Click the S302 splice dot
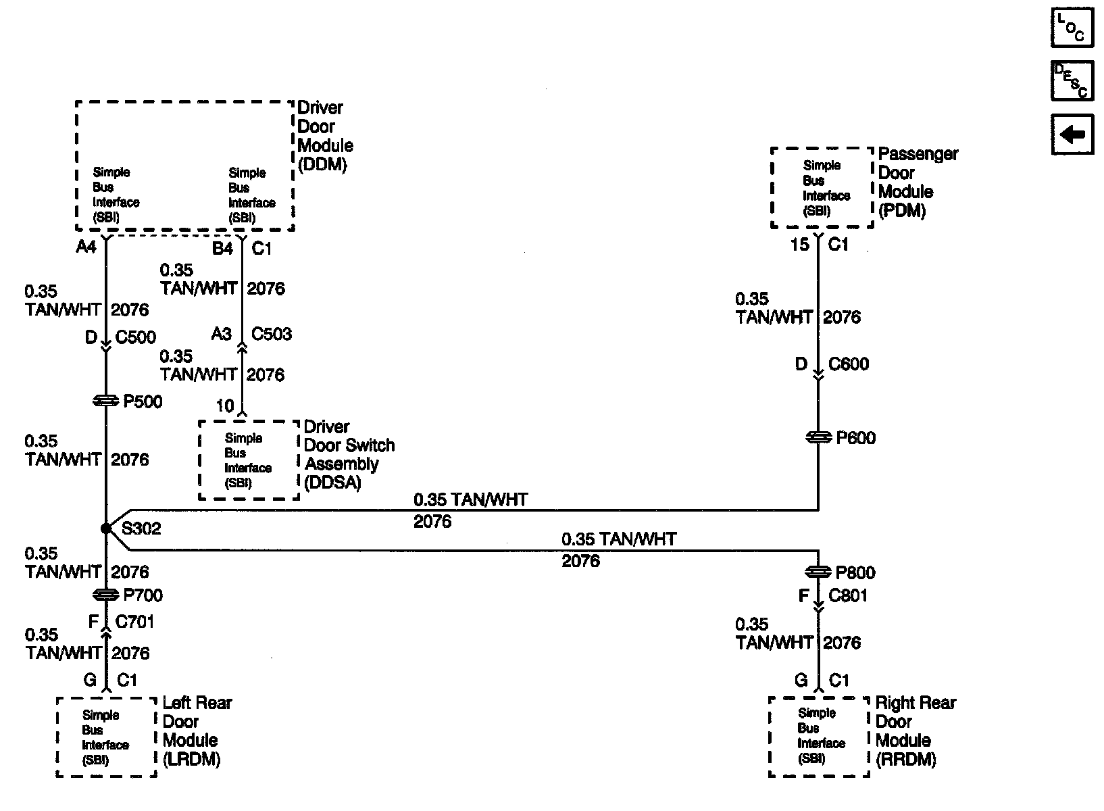pos(106,529)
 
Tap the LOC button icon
pos(1072,28)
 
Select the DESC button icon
pos(1072,81)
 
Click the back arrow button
pos(1072,134)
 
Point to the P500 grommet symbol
pos(106,401)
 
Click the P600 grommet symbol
pos(819,438)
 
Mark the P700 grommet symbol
pos(106,595)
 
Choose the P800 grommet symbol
pos(819,572)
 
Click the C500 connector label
pos(136,337)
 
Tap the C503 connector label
pos(272,334)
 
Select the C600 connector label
pos(849,364)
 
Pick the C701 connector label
pos(135,621)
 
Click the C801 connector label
pos(848,595)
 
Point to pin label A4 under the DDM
pos(86,247)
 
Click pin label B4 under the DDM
pos(223,249)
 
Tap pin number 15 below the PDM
pos(799,245)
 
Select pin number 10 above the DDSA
pos(225,405)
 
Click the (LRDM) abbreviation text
pos(192,759)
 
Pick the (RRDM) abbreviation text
pos(905,759)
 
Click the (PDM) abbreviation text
pos(901,210)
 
